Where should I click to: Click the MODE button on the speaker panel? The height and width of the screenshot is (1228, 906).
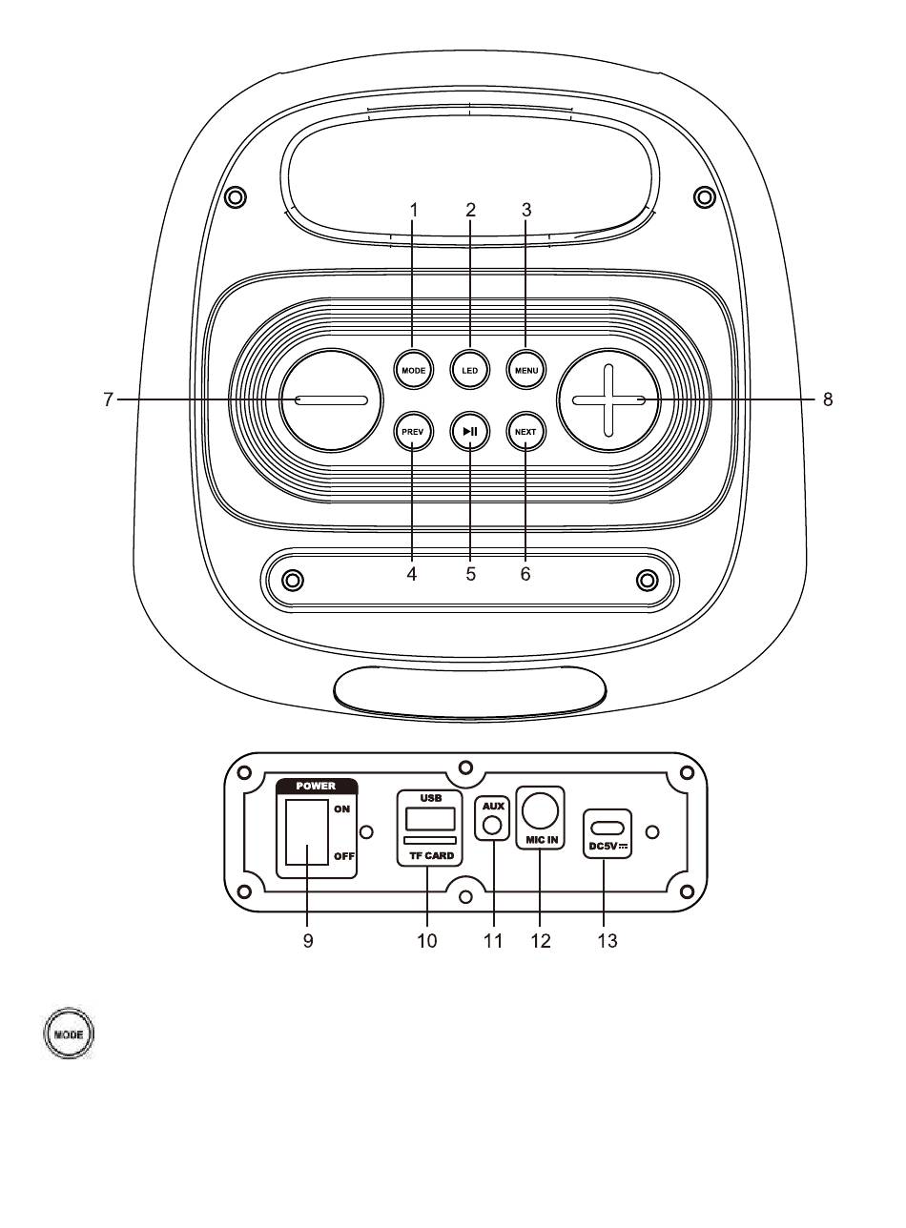coord(414,370)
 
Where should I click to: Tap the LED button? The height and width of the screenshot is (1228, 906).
coord(470,370)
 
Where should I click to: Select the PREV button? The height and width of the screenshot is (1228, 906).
coord(412,432)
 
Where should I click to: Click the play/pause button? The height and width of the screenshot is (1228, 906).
coord(470,432)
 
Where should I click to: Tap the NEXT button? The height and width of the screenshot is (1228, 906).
coord(525,432)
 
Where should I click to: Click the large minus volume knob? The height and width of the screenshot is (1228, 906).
coord(331,400)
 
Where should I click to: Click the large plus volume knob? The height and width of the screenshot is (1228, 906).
coord(608,400)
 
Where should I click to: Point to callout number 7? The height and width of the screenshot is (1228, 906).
coord(108,399)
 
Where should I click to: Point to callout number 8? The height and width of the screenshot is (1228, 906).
coord(828,399)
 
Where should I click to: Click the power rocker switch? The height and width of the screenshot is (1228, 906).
coord(306,831)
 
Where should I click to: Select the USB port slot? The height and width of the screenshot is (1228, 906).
coord(430,819)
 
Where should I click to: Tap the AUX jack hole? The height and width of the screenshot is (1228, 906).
coord(493,826)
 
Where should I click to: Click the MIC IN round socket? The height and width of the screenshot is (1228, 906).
coord(540,809)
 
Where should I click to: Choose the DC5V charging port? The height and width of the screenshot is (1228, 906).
coord(607,827)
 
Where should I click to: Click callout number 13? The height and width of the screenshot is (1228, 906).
coord(607,940)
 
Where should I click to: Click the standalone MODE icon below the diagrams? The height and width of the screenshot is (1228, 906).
coord(69,1034)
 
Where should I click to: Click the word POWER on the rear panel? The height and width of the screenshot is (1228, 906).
coord(316,786)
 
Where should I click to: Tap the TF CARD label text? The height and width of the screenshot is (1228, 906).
coord(432,855)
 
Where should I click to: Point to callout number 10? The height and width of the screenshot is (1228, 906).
coord(426,940)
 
